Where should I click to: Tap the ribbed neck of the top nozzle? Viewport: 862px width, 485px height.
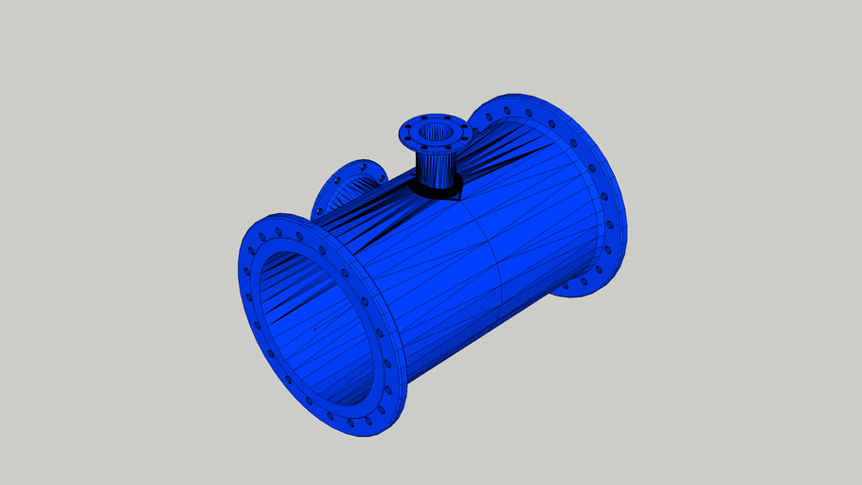pyautogui.click(x=437, y=169)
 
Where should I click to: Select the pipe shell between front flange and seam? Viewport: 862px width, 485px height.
pyautogui.click(x=436, y=284)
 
